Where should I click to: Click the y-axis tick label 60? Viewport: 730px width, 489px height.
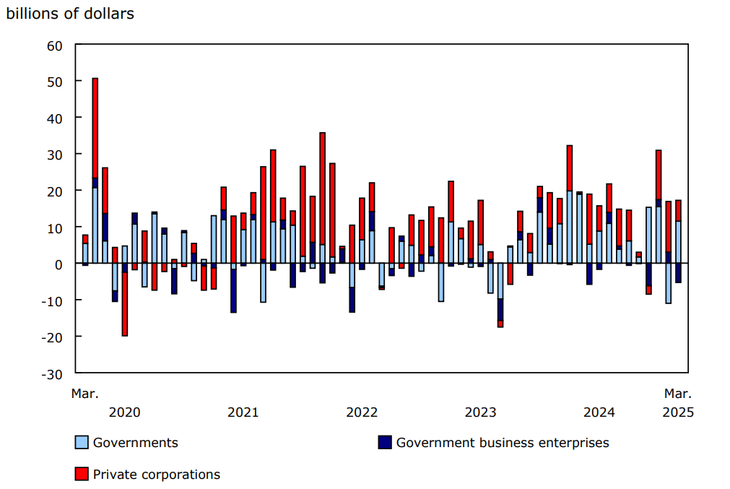[55, 46]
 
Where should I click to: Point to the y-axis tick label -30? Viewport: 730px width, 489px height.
[52, 373]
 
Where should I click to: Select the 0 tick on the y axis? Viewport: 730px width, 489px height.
[58, 264]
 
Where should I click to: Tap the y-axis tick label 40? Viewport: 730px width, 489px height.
[55, 118]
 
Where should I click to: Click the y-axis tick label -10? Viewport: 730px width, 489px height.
[52, 300]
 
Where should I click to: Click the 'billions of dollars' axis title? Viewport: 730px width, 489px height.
[70, 14]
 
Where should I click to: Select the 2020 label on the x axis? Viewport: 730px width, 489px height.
[124, 412]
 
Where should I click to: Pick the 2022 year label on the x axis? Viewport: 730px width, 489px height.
[362, 412]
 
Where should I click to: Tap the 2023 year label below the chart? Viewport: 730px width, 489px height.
[480, 412]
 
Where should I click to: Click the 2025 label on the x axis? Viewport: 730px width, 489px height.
[678, 412]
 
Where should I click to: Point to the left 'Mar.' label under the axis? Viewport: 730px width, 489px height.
[84, 394]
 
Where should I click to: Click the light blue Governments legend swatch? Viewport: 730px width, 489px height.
[82, 443]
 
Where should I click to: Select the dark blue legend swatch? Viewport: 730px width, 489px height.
[385, 443]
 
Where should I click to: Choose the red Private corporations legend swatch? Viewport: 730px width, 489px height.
[82, 475]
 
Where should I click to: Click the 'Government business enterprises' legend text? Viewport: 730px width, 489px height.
[503, 443]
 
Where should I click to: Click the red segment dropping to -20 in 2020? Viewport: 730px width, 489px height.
[125, 304]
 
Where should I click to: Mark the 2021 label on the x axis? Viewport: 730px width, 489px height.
[243, 412]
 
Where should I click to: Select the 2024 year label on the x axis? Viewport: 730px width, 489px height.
[599, 412]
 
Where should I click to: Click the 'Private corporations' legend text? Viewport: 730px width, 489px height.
[157, 475]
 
